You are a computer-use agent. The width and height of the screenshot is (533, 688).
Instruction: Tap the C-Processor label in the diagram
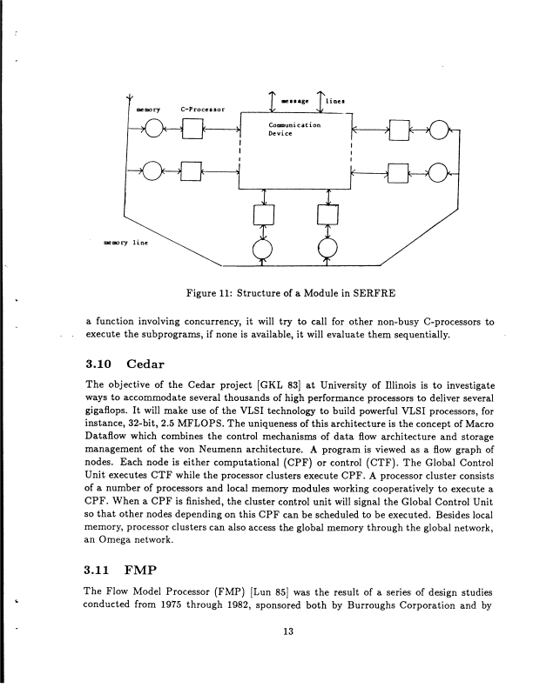tap(203, 110)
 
